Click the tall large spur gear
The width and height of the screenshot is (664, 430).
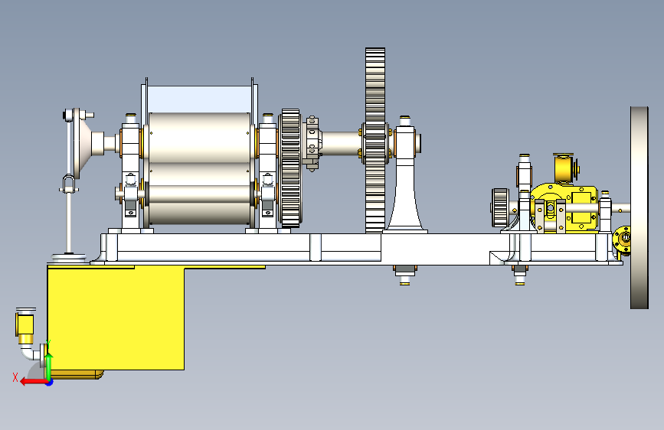click(x=375, y=140)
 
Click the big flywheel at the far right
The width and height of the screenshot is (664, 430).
click(x=639, y=207)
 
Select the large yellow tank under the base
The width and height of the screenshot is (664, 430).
click(x=115, y=318)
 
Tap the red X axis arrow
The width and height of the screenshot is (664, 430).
click(x=34, y=382)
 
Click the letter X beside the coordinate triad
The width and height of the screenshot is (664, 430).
click(x=15, y=377)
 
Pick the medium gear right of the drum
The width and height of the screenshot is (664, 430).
click(x=290, y=168)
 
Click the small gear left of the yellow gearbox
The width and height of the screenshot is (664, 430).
click(x=500, y=208)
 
